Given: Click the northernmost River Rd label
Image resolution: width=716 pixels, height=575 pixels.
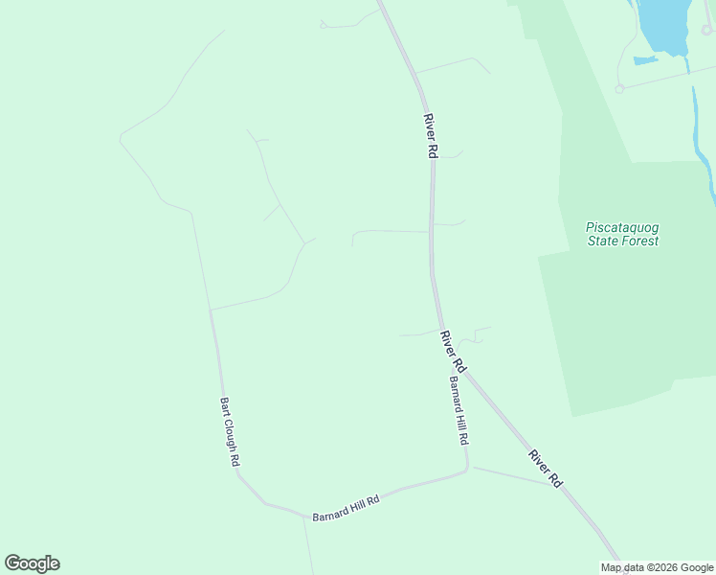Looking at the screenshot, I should [x=432, y=136].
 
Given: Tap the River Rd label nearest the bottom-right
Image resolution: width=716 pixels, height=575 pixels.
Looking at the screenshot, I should [x=544, y=466].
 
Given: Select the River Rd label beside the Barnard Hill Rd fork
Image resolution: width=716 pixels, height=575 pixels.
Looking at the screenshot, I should [x=453, y=352].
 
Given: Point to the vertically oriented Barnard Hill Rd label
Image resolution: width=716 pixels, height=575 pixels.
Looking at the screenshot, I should [x=459, y=409].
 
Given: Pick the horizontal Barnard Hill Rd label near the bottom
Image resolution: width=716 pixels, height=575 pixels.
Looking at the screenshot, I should [x=347, y=508].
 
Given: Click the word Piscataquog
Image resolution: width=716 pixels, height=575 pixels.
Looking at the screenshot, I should [x=622, y=227].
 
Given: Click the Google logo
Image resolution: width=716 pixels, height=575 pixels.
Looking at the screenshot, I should [x=32, y=563].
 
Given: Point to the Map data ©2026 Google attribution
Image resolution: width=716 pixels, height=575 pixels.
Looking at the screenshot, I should [x=658, y=567].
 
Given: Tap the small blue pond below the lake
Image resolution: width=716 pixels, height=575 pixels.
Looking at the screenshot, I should [x=645, y=60].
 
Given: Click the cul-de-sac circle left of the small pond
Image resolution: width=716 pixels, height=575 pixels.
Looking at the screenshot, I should [x=619, y=88].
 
